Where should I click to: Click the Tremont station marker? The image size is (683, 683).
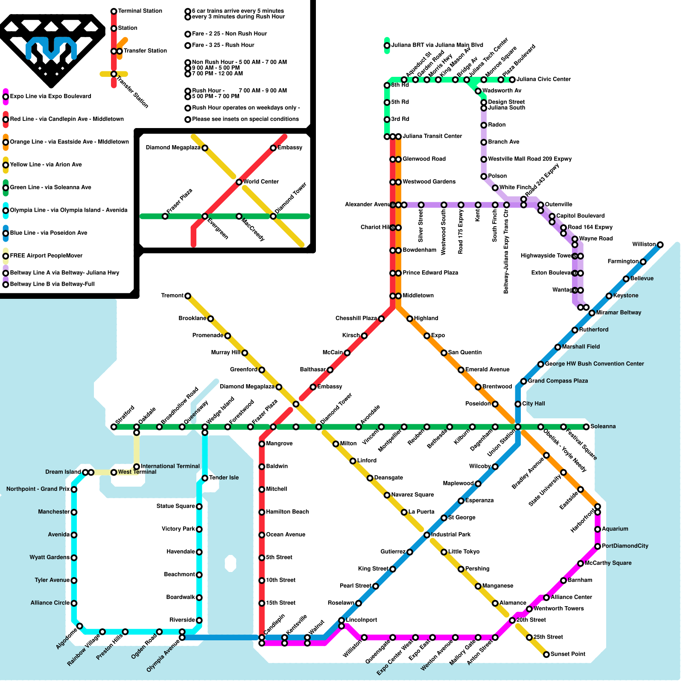[188, 296]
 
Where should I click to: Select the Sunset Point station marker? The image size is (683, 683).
[546, 654]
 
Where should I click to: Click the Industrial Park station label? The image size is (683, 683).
[451, 534]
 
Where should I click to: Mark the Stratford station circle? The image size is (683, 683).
[114, 427]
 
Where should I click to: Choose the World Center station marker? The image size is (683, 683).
[239, 182]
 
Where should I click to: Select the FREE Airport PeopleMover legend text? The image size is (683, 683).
[46, 256]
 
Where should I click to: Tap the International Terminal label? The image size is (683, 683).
[170, 466]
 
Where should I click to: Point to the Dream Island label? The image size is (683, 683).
[63, 472]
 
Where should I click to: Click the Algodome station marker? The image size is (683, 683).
[80, 626]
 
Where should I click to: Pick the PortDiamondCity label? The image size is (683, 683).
[625, 546]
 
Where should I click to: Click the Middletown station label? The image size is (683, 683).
[418, 295]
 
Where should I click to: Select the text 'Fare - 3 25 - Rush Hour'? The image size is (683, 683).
[223, 45]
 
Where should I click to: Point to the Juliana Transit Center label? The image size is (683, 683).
[432, 136]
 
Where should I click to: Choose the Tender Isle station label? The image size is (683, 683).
[224, 478]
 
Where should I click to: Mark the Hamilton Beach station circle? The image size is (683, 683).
[262, 512]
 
